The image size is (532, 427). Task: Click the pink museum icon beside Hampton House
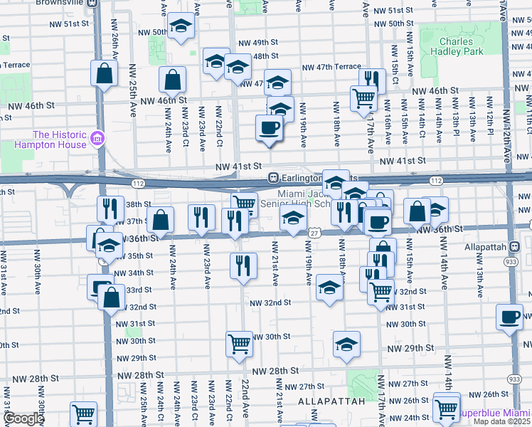(x=98, y=137)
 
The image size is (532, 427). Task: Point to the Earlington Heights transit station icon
(x=272, y=177)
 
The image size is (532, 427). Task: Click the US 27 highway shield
(x=314, y=233)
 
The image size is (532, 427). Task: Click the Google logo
(x=24, y=418)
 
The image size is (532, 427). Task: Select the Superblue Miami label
(x=494, y=413)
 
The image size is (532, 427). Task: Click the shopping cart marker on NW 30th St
(x=239, y=343)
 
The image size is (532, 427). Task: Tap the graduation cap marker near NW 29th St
(x=346, y=344)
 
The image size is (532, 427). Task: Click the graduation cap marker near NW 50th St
(x=181, y=27)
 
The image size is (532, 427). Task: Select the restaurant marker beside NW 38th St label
(x=110, y=207)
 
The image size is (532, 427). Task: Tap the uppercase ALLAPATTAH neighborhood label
(x=331, y=401)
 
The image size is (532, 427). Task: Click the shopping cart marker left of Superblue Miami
(x=446, y=408)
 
